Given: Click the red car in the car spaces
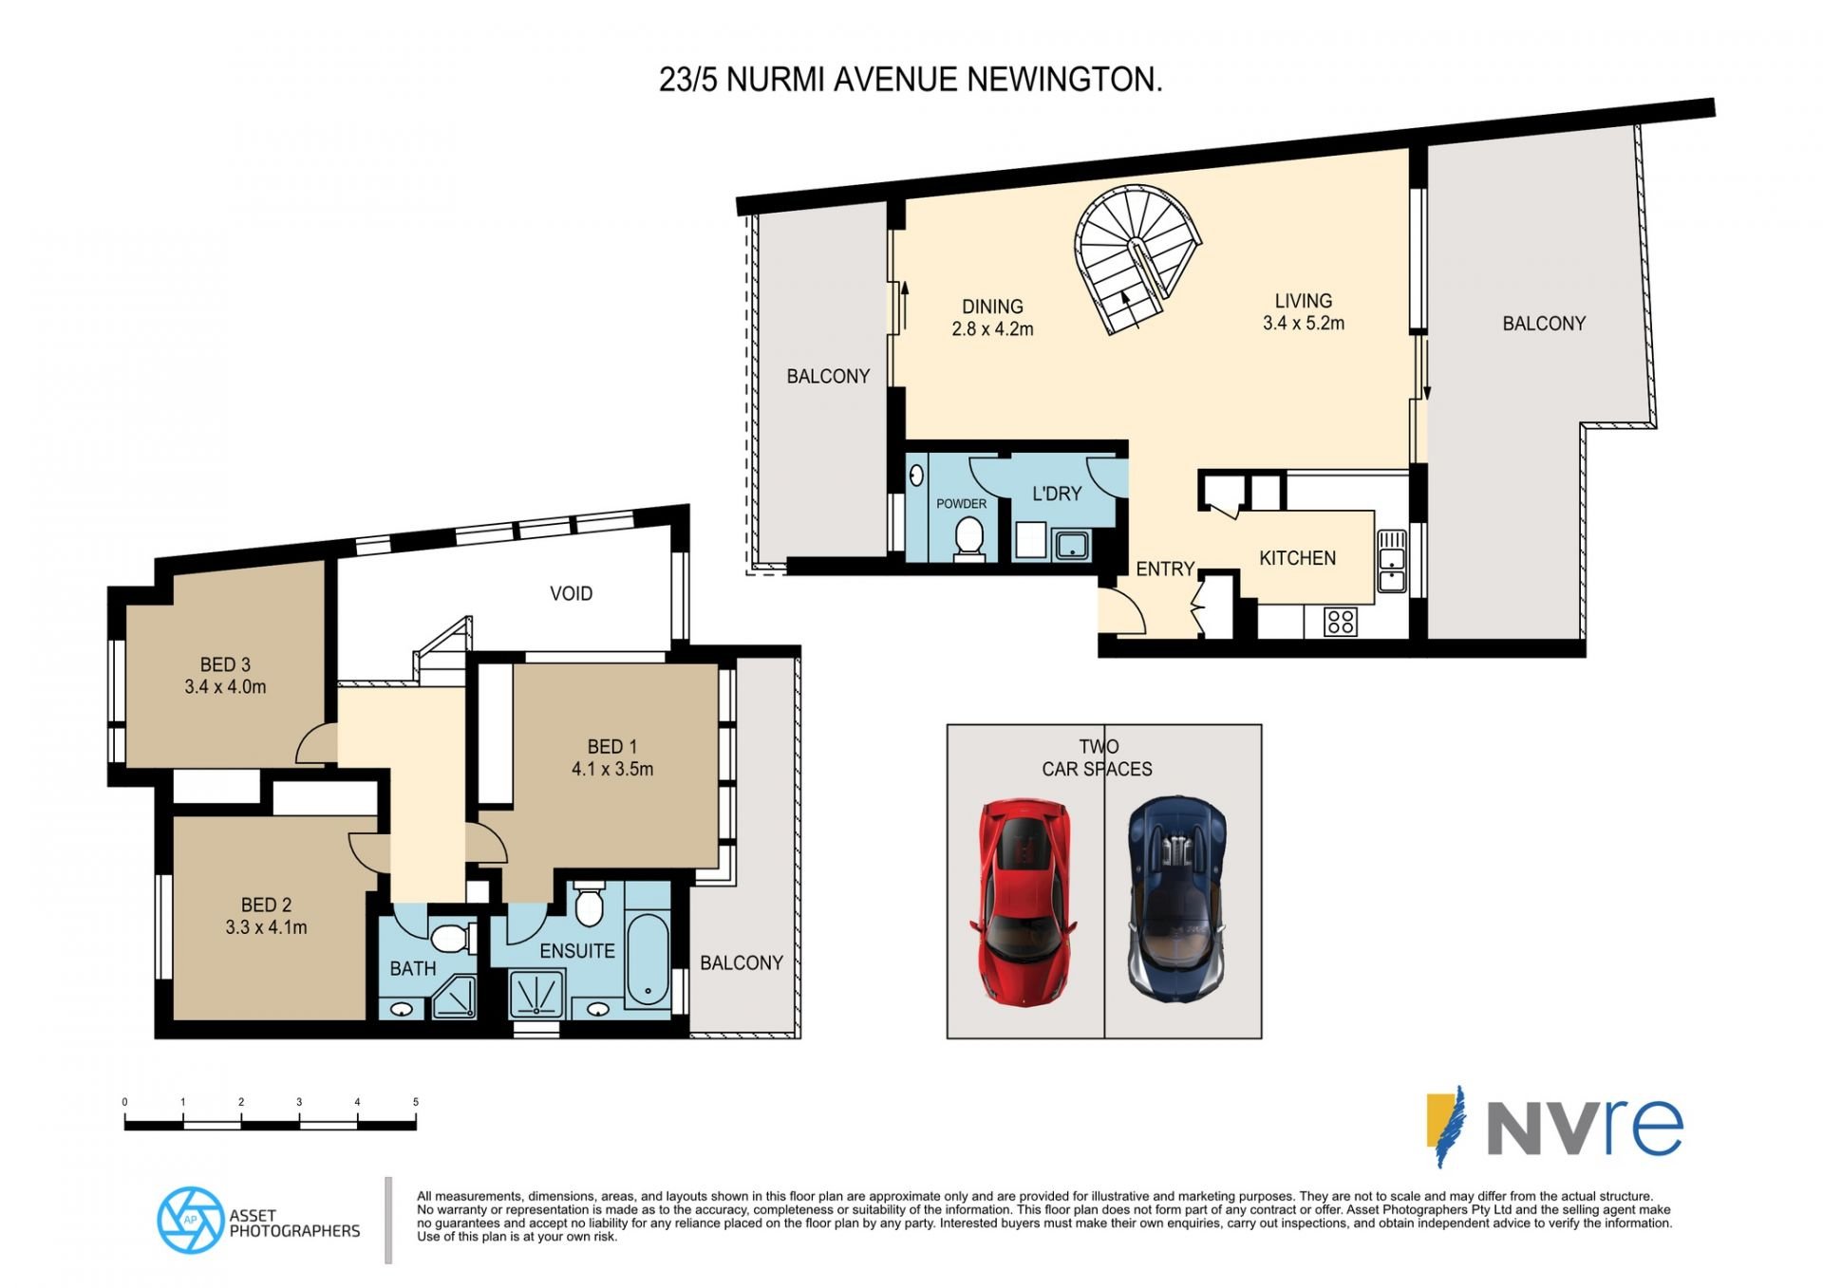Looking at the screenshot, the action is [x=1024, y=902].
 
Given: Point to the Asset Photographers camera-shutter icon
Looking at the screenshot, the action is [x=191, y=1220].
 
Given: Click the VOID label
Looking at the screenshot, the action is [x=571, y=593].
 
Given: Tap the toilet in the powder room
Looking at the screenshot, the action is [x=969, y=538].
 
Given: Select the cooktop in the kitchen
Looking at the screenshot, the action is [x=1341, y=623].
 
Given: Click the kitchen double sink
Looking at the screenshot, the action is [x=1391, y=561].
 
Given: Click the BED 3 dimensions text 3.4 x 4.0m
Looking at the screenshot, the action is [x=225, y=687].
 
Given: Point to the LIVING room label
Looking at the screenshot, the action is [x=1304, y=301].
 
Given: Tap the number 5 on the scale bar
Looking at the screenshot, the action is [x=415, y=1102].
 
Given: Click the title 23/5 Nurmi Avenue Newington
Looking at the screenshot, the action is [x=911, y=80].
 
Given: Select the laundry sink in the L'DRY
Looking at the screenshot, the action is [x=1072, y=546].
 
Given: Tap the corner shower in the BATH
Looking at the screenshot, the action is [x=456, y=997].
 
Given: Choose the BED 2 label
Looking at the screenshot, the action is [x=266, y=905].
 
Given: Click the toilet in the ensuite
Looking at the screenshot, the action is [x=589, y=905].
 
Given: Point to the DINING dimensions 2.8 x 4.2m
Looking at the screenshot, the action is [x=992, y=329].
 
